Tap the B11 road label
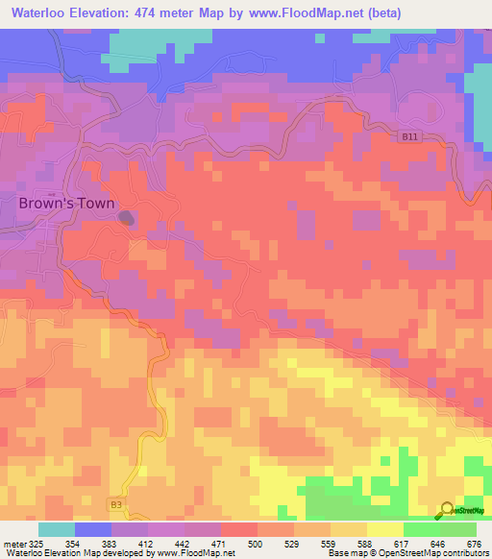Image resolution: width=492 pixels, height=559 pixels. point(410,137)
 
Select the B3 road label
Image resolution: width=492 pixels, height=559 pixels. point(116,504)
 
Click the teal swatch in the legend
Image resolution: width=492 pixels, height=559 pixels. point(57,529)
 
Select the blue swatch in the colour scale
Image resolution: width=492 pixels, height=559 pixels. point(93,529)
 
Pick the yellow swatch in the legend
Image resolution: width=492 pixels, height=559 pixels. point(385,529)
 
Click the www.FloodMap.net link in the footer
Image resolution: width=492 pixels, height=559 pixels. point(195,553)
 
